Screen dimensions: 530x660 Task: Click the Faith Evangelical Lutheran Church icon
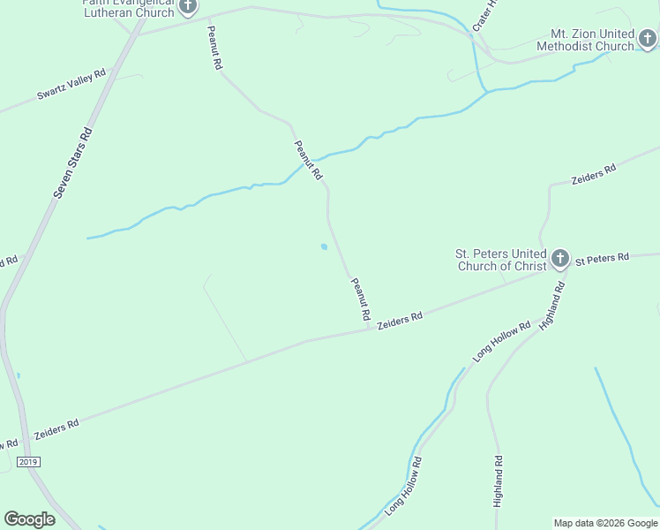tap(187, 6)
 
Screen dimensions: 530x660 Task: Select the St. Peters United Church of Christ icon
tap(559, 259)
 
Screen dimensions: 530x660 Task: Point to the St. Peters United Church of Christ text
tap(500, 260)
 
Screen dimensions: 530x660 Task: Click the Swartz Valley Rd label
tap(71, 84)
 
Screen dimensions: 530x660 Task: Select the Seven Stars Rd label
tap(73, 163)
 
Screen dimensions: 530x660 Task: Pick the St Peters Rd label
tap(602, 259)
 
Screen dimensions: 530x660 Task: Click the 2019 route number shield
tap(28, 462)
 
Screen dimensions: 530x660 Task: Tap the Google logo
tap(29, 519)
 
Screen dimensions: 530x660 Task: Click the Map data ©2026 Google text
tap(606, 523)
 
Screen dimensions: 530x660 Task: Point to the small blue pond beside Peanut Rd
tap(324, 246)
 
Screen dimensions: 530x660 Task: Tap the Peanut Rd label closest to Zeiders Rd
tap(360, 299)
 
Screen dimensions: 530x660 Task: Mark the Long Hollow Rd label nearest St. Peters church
tap(501, 340)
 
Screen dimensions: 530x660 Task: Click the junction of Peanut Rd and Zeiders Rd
tap(369, 330)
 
